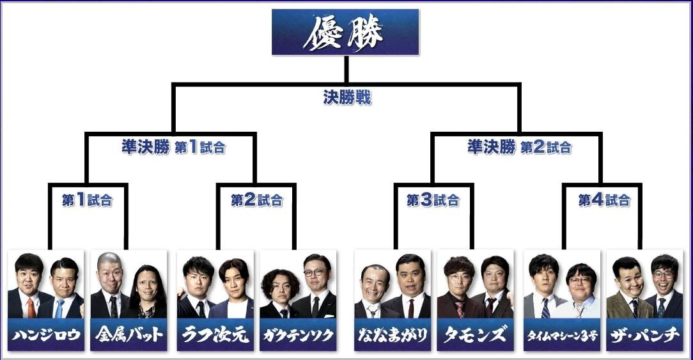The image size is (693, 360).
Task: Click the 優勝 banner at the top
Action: [345, 32]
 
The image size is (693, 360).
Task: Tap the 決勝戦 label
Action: [346, 98]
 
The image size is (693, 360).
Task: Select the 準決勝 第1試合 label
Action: [173, 147]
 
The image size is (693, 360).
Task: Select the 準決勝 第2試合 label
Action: [519, 147]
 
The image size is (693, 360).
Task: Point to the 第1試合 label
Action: [87, 200]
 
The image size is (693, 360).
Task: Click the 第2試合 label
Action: [256, 200]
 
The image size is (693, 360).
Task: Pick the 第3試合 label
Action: [433, 200]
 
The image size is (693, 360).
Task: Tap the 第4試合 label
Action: [604, 200]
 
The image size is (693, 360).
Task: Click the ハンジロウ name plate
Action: [46, 335]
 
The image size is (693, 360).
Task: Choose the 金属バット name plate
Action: [128, 335]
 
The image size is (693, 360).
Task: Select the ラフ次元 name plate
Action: [215, 335]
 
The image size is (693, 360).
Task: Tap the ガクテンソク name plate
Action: [297, 335]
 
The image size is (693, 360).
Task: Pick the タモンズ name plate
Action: [475, 335]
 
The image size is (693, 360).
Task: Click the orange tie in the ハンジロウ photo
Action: [31, 308]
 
